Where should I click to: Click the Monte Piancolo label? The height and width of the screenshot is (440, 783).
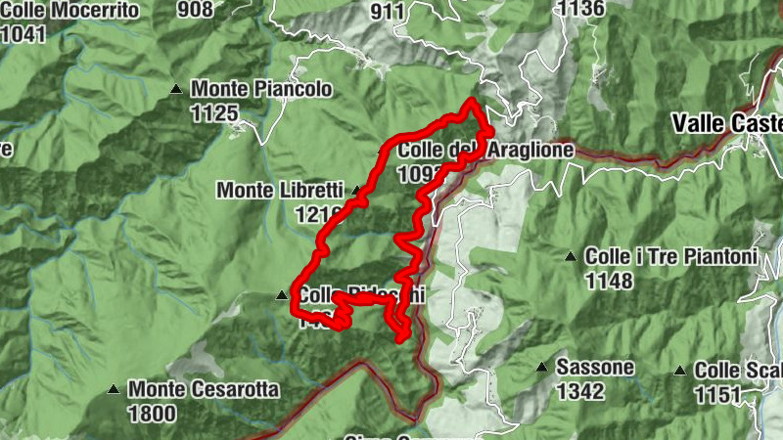(261, 89)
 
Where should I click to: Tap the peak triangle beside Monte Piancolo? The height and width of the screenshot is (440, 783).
(177, 89)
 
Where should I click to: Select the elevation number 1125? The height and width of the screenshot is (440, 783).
(214, 113)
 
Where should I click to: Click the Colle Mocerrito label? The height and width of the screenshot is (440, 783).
(68, 11)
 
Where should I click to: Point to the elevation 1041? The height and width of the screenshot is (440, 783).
(23, 33)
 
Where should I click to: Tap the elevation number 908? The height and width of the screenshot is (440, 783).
(196, 10)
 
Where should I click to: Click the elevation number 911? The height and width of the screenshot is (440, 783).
(388, 11)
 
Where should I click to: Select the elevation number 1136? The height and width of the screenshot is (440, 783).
(579, 9)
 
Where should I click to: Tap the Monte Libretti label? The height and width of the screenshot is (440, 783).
(279, 190)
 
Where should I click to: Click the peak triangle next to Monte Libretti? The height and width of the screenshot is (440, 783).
(357, 190)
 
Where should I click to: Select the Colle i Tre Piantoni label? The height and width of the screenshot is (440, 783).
(671, 257)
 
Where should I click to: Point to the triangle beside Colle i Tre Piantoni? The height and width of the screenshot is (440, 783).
(571, 257)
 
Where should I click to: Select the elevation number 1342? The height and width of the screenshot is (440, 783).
(580, 391)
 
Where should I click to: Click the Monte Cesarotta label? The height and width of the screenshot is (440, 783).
(203, 389)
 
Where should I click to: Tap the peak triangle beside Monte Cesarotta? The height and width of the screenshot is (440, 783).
(115, 389)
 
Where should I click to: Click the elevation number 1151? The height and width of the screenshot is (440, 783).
(719, 394)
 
